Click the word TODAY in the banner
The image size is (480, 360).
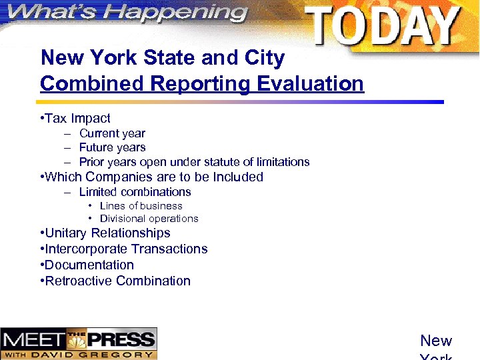(383, 27)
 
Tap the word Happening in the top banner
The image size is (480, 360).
(180, 12)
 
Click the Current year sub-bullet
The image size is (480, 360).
(111, 133)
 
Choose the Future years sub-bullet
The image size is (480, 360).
(112, 147)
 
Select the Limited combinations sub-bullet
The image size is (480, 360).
(135, 192)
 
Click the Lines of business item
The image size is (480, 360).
(141, 206)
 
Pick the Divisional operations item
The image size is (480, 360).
(149, 219)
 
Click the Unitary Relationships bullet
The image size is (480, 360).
(107, 233)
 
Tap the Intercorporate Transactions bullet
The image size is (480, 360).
(126, 249)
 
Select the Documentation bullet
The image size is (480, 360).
(89, 265)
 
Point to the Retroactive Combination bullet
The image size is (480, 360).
(117, 281)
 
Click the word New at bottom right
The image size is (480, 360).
(436, 341)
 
